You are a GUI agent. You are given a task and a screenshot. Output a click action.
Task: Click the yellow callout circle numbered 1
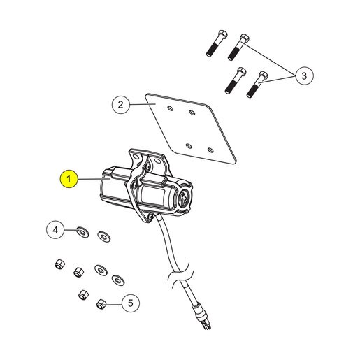(x=69, y=179)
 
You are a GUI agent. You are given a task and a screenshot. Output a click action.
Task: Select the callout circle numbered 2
(x=120, y=105)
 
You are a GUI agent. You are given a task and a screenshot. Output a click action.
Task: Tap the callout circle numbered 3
(x=304, y=75)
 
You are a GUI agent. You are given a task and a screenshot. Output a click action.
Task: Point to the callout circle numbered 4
(x=55, y=230)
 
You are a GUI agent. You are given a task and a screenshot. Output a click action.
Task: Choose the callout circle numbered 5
(x=131, y=303)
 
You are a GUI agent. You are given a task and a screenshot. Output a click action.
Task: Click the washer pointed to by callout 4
(x=82, y=232)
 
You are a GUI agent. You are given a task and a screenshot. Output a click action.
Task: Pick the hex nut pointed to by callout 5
(x=101, y=304)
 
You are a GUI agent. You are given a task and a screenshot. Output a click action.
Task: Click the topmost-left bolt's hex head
(x=223, y=35)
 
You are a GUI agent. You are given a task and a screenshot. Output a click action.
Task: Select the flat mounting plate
(x=191, y=129)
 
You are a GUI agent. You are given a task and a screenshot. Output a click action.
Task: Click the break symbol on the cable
(x=180, y=273)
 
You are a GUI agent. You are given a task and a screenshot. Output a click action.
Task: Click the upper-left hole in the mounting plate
(x=171, y=108)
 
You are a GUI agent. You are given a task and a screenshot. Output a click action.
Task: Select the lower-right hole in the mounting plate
(x=210, y=150)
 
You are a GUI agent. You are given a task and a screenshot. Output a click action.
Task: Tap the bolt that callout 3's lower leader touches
(x=257, y=85)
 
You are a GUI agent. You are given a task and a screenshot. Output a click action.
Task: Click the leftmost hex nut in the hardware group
(x=60, y=264)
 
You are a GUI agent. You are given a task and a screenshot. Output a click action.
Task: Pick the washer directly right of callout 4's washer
(x=104, y=236)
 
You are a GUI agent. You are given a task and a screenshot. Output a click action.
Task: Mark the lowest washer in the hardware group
(x=118, y=280)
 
